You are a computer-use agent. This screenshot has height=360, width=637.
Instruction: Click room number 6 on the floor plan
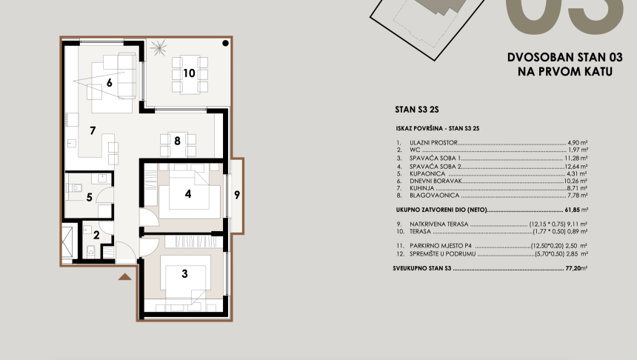pos(109,83)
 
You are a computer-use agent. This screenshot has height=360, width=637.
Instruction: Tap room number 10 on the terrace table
pos(189,73)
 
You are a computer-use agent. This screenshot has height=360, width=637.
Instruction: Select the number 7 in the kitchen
pos(93,131)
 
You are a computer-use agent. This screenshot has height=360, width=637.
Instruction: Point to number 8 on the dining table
pos(178,140)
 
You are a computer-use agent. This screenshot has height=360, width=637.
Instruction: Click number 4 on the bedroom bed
pos(189,195)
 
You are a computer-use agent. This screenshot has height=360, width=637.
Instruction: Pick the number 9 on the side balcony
pos(237,196)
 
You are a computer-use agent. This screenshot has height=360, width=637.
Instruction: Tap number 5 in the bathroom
pos(90,197)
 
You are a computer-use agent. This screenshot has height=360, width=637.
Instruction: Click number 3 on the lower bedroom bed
pos(184,273)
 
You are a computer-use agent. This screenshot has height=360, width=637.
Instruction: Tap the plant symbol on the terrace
pos(158,50)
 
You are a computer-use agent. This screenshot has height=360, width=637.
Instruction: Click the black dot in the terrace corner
pos(226,44)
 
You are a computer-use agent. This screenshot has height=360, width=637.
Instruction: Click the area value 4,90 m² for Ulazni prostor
pos(576,141)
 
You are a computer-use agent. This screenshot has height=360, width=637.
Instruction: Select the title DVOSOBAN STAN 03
pos(564,57)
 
